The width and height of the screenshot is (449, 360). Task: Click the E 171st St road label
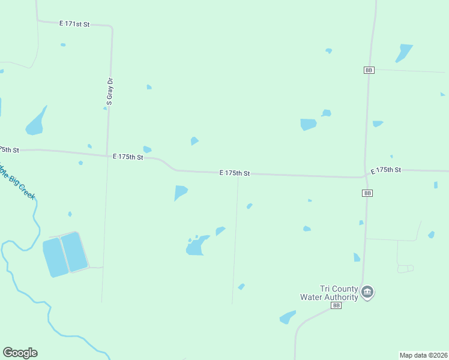coord(74,24)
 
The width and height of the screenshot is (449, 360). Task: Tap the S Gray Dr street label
coord(110,92)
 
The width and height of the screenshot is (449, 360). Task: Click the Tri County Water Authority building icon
coord(367,293)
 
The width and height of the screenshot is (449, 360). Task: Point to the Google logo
coord(20,353)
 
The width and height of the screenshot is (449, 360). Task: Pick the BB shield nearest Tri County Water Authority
coord(336,305)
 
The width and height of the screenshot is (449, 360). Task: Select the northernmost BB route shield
coord(369,70)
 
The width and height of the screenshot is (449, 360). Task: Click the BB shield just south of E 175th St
coord(368,193)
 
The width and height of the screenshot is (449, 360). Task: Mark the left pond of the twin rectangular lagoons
coord(55,257)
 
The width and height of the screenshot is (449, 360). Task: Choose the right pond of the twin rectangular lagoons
coord(74,251)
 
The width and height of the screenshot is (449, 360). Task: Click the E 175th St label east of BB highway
coord(385,170)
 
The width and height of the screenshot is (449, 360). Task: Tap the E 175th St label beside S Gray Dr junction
coord(128,157)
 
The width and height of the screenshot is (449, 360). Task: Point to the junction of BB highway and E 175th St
coord(365,176)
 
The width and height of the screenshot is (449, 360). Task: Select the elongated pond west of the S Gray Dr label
coord(35,122)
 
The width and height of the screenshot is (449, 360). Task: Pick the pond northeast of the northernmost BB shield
coord(403,52)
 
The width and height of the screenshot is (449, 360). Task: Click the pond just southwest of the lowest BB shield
coord(288,317)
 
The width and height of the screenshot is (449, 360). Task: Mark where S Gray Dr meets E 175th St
coord(107,155)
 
